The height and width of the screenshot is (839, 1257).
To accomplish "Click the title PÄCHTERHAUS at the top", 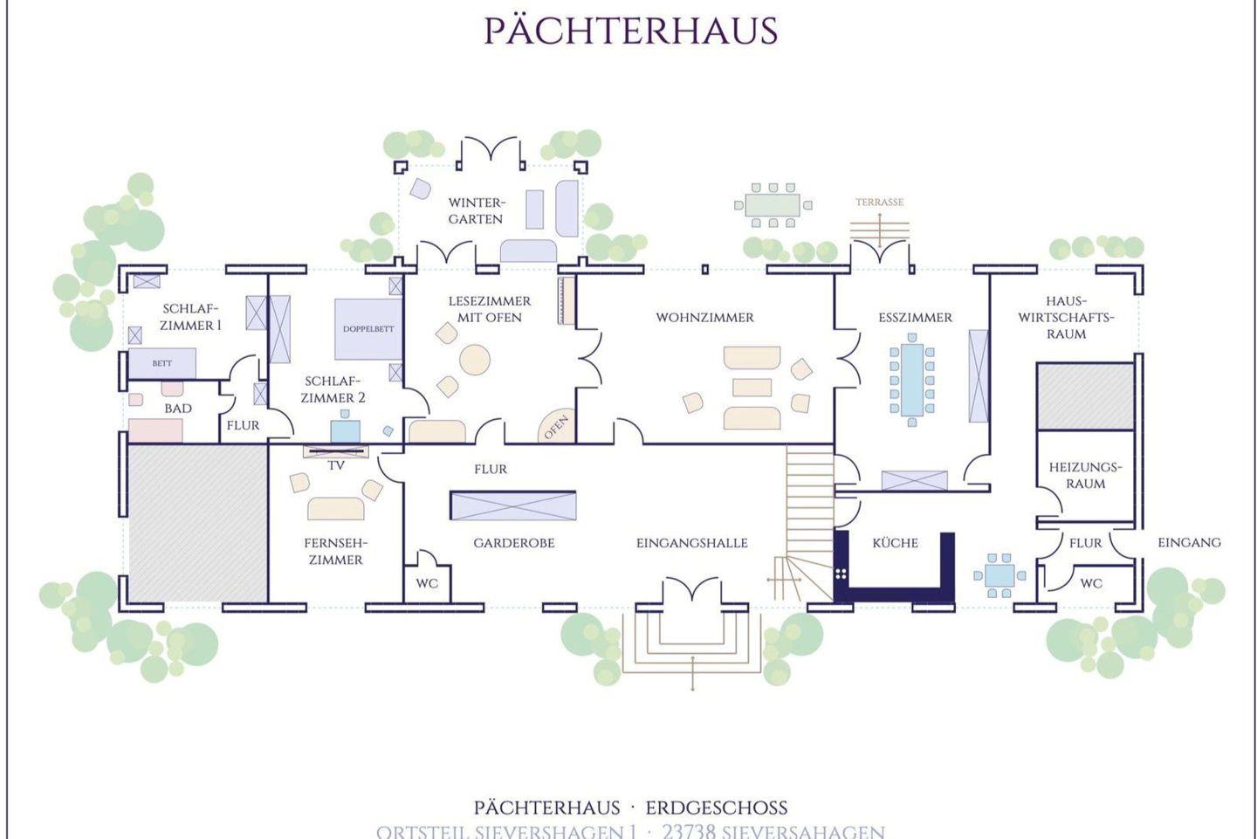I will [630, 31].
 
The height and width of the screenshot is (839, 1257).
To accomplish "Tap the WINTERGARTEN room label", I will [476, 210].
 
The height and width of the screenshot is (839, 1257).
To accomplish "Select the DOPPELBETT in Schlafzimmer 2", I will [368, 329].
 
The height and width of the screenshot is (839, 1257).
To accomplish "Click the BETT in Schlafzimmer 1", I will [162, 363].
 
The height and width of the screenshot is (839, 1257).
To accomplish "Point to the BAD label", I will [178, 409].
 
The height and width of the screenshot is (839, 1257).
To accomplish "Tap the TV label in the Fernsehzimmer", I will [336, 465].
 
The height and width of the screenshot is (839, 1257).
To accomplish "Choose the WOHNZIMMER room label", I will [704, 318].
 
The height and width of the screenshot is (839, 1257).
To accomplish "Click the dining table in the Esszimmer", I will [912, 381].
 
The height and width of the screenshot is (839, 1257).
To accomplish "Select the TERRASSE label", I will [879, 203].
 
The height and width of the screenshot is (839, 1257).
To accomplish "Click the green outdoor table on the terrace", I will [773, 205].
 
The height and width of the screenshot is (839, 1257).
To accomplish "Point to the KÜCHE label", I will [895, 543].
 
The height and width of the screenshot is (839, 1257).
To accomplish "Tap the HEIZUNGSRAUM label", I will [1085, 475].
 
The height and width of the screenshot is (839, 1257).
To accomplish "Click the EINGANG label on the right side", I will [1189, 542].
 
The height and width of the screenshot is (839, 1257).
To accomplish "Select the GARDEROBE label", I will [514, 543].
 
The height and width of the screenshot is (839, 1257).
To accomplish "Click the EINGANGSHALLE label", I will [691, 543].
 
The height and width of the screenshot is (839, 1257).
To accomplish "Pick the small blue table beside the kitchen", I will [999, 575].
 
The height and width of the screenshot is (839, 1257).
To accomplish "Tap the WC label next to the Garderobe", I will [427, 583].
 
